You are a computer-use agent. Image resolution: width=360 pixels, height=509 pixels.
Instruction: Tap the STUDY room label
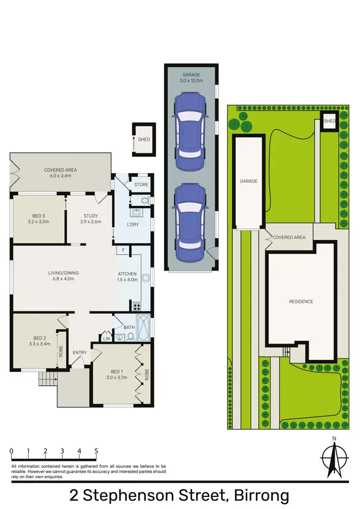tap(90, 215)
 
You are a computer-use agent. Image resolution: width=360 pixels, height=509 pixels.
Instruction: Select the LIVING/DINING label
tap(63, 273)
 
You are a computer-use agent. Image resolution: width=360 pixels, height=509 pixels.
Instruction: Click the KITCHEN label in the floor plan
tap(127, 274)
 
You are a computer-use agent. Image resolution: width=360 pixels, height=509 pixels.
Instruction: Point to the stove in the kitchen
tap(136, 307)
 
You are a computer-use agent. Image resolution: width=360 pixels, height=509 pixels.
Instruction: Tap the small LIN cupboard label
tap(107, 339)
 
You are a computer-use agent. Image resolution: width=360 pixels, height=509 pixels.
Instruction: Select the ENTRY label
tap(80, 353)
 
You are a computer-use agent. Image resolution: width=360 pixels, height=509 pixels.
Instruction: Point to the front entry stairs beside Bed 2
tap(48, 380)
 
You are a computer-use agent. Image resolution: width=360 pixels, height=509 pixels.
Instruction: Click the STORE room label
tap(141, 185)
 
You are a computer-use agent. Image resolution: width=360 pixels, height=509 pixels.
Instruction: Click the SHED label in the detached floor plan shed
tap(144, 140)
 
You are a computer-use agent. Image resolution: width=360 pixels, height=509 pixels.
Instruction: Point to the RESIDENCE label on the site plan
tap(301, 301)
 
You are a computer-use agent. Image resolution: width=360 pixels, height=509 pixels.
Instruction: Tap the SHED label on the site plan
tap(330, 121)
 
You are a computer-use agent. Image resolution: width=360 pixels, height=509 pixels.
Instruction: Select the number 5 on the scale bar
tap(96, 451)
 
